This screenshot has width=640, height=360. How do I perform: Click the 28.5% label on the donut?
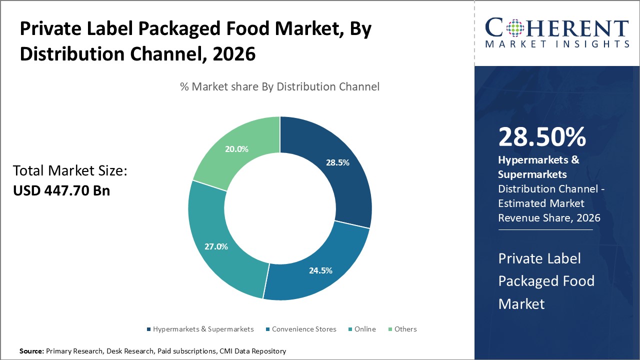(337, 162)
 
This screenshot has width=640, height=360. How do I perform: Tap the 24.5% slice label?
(320, 270)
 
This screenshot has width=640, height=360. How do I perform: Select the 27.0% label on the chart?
(216, 246)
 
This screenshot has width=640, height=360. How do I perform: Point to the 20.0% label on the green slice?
(236, 149)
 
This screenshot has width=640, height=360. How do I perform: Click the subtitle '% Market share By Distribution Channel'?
(279, 86)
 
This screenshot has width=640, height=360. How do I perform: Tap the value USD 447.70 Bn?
(61, 190)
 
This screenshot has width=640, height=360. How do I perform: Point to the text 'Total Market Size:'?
(70, 171)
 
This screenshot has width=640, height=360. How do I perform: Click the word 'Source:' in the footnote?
(31, 351)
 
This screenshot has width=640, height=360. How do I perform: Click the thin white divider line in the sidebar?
(545, 230)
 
